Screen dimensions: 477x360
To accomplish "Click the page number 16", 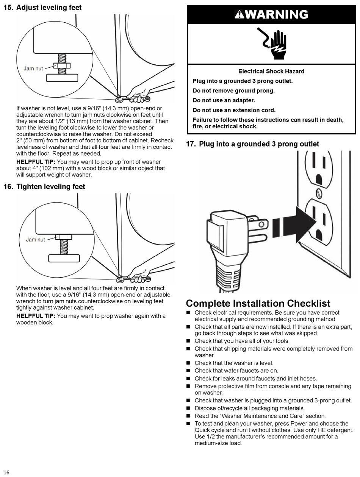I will [x=6, y=472].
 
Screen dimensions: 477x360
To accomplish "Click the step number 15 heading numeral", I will [x=8, y=8].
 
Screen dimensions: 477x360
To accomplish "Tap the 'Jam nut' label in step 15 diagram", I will [x=33, y=69].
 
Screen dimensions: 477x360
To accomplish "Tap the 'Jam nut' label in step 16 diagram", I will [x=35, y=240].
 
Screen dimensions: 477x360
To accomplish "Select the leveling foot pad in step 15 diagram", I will [x=62, y=78].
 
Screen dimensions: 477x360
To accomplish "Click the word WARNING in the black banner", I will [x=276, y=15].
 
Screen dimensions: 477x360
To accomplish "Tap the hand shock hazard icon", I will [x=274, y=44].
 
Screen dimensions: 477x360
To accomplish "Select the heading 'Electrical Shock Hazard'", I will [x=271, y=71].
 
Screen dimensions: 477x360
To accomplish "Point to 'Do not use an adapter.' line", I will [x=224, y=100].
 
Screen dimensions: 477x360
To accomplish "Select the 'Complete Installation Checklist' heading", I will [x=258, y=304].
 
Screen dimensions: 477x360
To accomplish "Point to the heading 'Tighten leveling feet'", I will [x=50, y=187].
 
